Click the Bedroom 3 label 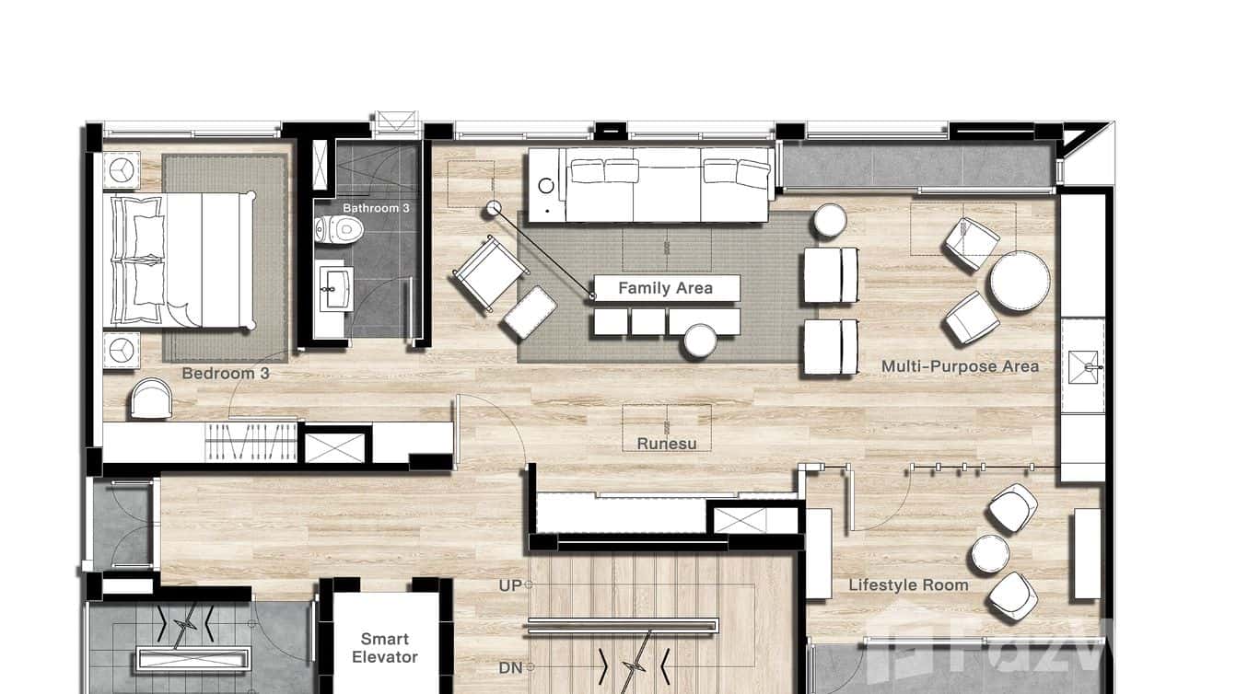pyautogui.click(x=225, y=374)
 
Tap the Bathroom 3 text pyautogui.click(x=376, y=208)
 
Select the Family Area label pyautogui.click(x=665, y=288)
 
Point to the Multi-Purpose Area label pyautogui.click(x=960, y=366)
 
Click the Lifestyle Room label pyautogui.click(x=908, y=585)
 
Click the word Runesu pyautogui.click(x=667, y=444)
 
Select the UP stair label pyautogui.click(x=510, y=585)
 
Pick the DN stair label pyautogui.click(x=510, y=668)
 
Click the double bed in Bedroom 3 pyautogui.click(x=181, y=260)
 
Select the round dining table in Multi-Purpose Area pyautogui.click(x=1019, y=282)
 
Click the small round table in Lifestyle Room pyautogui.click(x=990, y=554)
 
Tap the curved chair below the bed pyautogui.click(x=151, y=399)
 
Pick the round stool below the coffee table pyautogui.click(x=700, y=341)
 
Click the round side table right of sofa pyautogui.click(x=829, y=221)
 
